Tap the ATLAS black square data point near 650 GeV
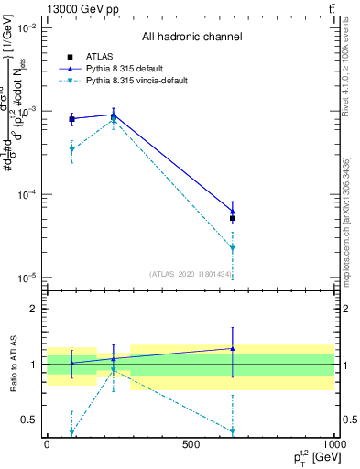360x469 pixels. coord(233,218)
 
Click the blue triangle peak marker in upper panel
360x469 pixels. coord(113,115)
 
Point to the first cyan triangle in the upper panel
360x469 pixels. coord(71,149)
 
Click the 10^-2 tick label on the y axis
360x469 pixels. coord(27,28)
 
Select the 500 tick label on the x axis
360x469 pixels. coord(191,442)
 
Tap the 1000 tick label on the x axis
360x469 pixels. coord(333,442)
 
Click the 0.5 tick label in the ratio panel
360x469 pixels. coord(29,420)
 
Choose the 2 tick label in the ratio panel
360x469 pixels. coord(34,309)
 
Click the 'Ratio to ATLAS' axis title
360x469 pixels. coord(12,364)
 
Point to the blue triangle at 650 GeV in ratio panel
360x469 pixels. coord(233,348)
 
